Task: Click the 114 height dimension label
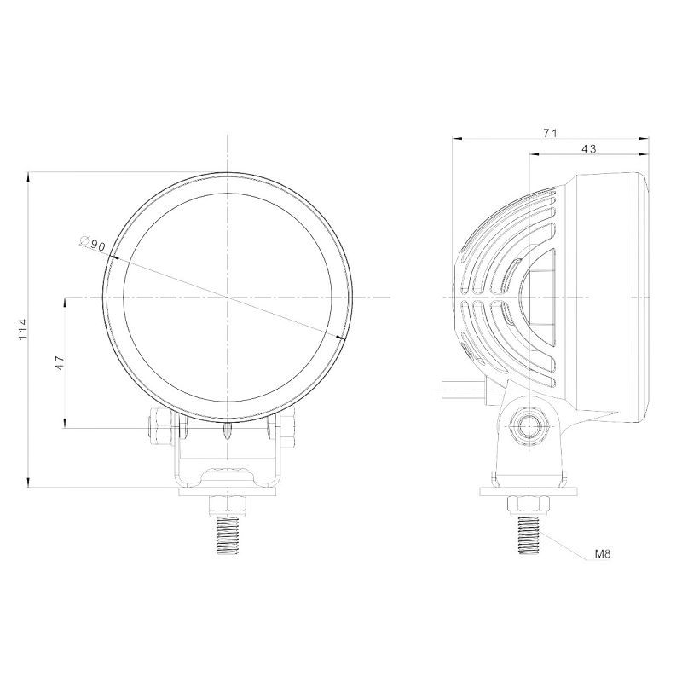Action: point(23,330)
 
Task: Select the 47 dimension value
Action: point(60,362)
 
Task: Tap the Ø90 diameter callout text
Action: point(93,243)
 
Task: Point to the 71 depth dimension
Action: point(550,133)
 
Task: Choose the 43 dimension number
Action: point(588,148)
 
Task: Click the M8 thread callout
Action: point(603,554)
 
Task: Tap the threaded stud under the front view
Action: point(228,535)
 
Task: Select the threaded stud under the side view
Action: point(529,535)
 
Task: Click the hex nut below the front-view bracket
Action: point(228,506)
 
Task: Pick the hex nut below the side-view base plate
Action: point(529,506)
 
